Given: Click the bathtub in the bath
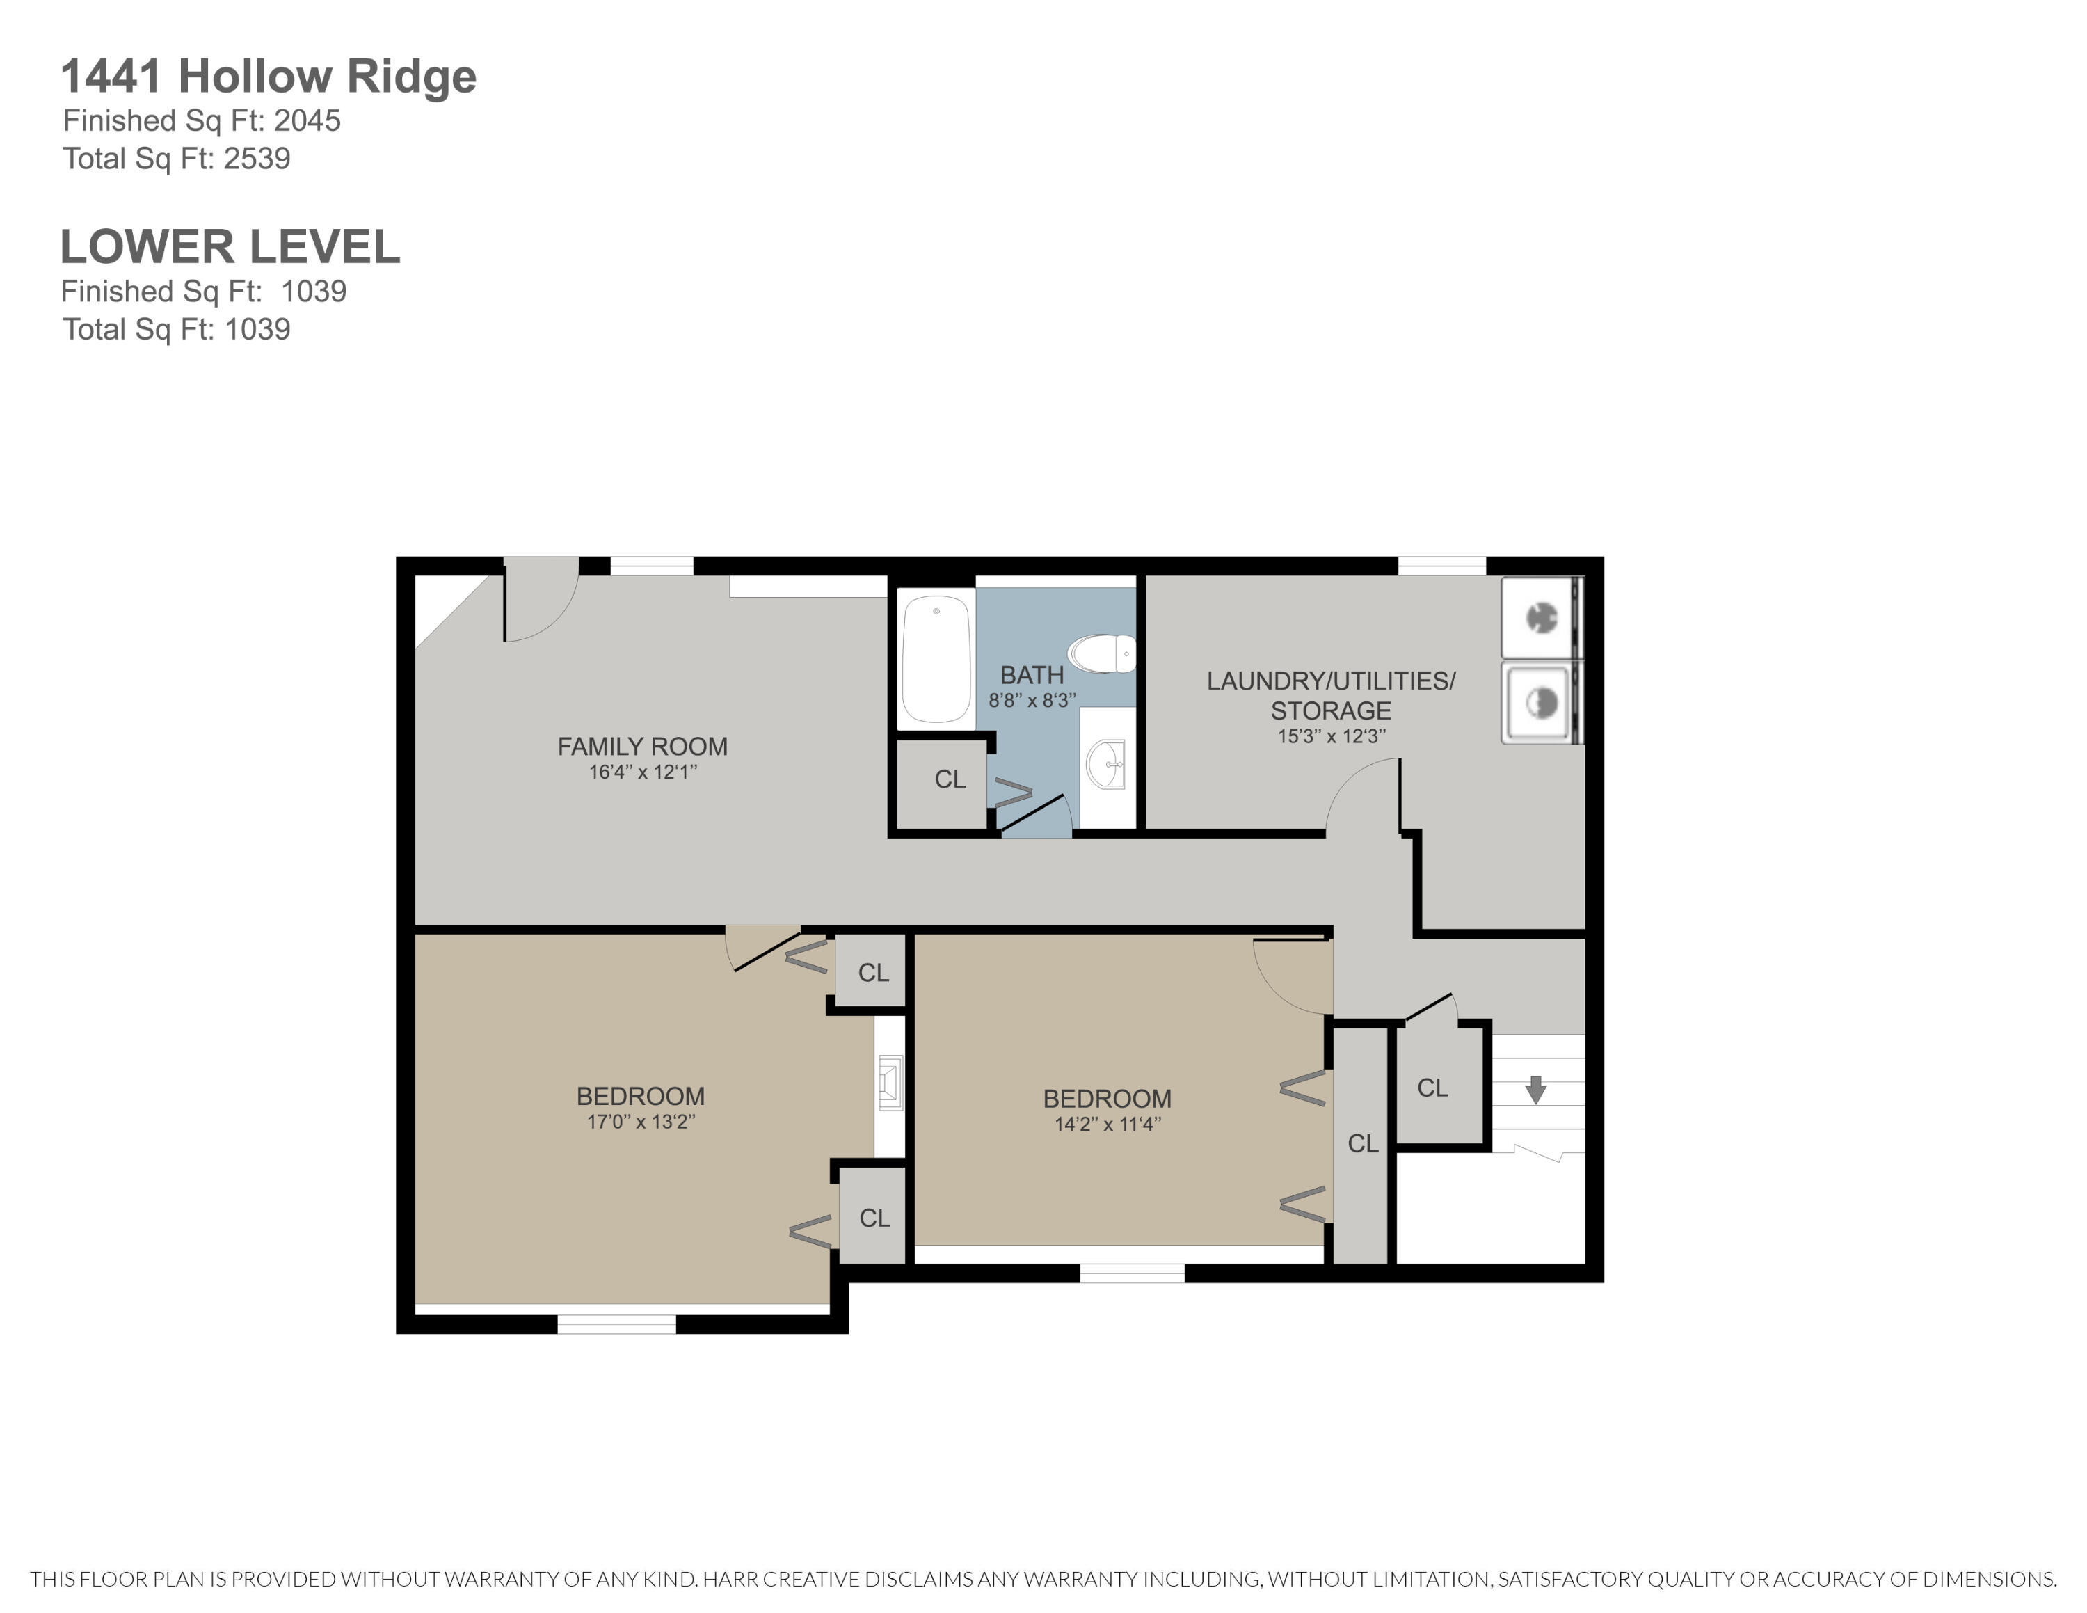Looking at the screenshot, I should (x=936, y=660).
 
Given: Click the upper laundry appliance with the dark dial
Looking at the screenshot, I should (x=1540, y=618).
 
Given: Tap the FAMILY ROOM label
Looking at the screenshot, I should (x=642, y=746).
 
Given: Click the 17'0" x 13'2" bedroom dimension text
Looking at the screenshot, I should (x=640, y=1122).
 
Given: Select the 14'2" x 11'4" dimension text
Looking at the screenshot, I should (x=1107, y=1125).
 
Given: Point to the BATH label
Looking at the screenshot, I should (x=1031, y=674).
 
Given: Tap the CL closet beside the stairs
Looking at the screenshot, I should (x=1432, y=1088).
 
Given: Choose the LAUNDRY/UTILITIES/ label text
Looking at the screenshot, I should (x=1330, y=681).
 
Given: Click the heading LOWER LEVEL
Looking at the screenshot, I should (x=230, y=248).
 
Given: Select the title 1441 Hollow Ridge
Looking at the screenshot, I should (x=268, y=77).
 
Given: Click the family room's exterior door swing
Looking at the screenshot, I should (x=541, y=602).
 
